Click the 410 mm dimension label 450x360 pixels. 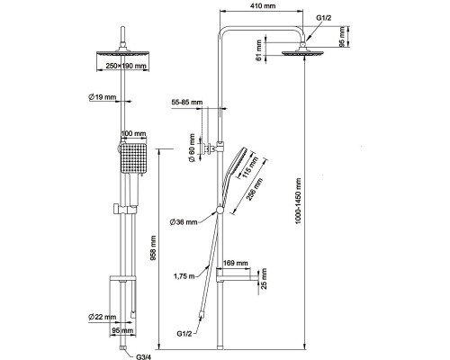click(x=262, y=5)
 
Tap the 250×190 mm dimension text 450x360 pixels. click(x=123, y=66)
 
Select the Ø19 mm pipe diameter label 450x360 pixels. click(x=103, y=97)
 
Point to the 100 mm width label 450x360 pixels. click(x=133, y=133)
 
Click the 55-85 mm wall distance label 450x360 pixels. click(x=187, y=102)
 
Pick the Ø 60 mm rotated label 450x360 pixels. click(x=192, y=148)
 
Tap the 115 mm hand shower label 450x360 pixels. click(x=250, y=167)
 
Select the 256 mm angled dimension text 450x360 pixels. click(x=254, y=189)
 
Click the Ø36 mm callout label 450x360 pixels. click(x=184, y=222)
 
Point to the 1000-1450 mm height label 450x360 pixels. click(x=298, y=201)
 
